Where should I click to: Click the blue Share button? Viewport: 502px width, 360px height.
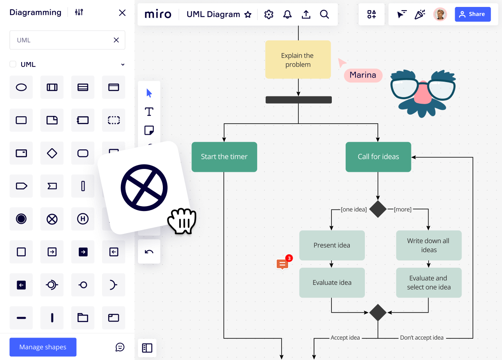[473, 14]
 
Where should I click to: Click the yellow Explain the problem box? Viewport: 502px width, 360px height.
[298, 60]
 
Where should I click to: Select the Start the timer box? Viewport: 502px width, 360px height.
[224, 157]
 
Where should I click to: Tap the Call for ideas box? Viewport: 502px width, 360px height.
[378, 157]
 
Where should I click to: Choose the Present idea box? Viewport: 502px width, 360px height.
[332, 245]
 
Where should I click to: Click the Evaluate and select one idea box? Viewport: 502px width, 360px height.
[429, 282]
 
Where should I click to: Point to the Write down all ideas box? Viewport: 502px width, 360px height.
[429, 245]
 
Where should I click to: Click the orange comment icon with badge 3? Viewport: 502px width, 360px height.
[282, 264]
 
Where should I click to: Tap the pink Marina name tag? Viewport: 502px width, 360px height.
[363, 75]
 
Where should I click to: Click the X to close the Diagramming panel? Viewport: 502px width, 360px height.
[122, 13]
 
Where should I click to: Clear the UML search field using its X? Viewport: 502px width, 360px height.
[116, 40]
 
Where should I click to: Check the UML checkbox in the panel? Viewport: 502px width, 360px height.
[13, 64]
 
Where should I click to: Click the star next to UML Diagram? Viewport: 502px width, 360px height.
[248, 15]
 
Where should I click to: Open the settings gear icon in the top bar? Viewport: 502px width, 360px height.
[269, 15]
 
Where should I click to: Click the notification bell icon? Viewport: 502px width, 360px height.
[287, 15]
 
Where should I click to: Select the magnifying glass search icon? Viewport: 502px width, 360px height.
[324, 15]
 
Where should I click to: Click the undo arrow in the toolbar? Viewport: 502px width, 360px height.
[149, 251]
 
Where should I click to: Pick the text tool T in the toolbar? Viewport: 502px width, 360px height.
[149, 111]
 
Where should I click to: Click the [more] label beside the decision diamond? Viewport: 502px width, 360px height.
[402, 209]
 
